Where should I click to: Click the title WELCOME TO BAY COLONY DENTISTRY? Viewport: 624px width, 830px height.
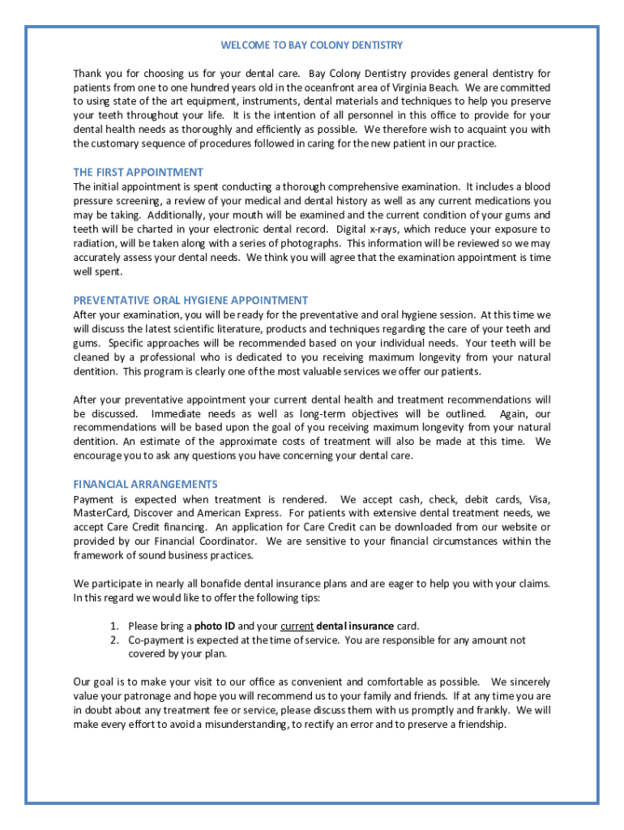point(312,45)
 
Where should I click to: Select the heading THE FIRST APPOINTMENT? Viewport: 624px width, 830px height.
point(138,173)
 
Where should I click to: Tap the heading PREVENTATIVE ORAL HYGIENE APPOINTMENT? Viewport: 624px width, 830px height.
point(190,301)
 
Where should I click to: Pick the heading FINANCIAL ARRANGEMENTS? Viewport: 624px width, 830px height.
point(145,485)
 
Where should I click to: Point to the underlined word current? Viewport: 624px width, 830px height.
point(297,626)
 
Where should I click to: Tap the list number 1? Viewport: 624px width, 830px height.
point(114,626)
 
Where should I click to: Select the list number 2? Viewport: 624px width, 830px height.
point(114,640)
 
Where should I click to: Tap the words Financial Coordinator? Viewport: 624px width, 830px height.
point(210,541)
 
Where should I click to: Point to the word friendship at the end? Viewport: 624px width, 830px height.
point(479,725)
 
